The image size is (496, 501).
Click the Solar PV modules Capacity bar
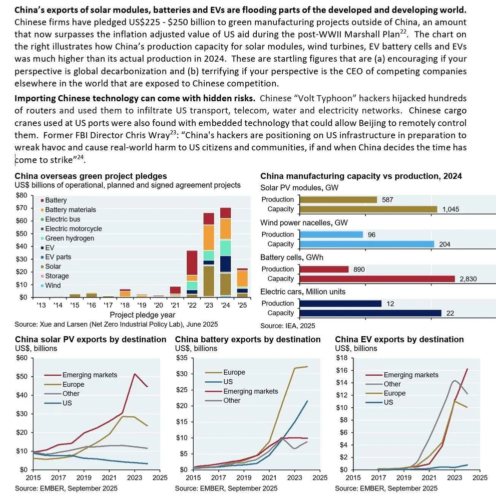[368, 209]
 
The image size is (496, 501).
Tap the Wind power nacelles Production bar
[331, 234]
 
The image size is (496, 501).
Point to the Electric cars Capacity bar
[370, 313]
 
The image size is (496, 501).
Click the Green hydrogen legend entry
[70, 238]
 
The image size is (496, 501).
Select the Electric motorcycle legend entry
[73, 229]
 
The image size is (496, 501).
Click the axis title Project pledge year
[143, 315]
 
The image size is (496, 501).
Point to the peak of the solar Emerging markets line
[134, 374]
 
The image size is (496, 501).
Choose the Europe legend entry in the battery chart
[234, 372]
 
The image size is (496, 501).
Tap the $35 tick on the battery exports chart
[182, 358]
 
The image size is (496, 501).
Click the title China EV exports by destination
[399, 340]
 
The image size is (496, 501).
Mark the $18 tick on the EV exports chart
[342, 358]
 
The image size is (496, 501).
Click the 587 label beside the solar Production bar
[387, 200]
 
